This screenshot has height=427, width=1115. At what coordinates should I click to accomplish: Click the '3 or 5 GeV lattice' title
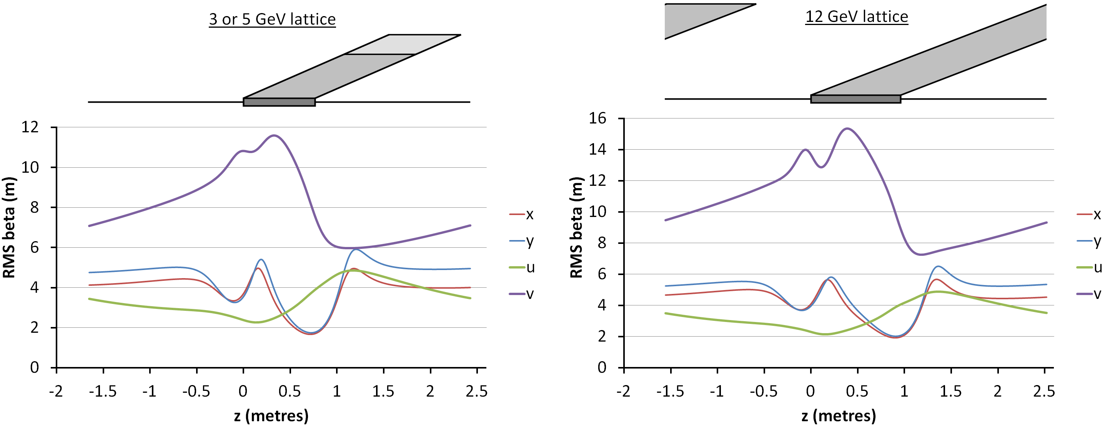pyautogui.click(x=272, y=19)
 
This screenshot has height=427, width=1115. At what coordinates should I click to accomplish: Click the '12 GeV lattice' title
pyautogui.click(x=856, y=17)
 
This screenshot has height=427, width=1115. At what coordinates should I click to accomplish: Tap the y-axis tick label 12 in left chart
pyautogui.click(x=30, y=127)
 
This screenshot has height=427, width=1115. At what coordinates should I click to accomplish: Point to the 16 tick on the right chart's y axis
pyautogui.click(x=597, y=118)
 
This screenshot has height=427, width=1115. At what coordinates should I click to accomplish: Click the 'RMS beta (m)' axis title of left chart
pyautogui.click(x=9, y=227)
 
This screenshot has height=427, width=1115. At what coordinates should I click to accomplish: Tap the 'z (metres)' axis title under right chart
pyautogui.click(x=839, y=416)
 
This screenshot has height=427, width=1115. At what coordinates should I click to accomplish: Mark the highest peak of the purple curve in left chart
pyautogui.click(x=274, y=135)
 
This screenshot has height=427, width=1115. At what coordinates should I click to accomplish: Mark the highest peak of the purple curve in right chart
pyautogui.click(x=847, y=128)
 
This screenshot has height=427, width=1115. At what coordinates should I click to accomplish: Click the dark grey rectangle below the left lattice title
pyautogui.click(x=279, y=102)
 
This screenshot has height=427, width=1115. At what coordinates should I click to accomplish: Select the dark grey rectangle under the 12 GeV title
pyautogui.click(x=855, y=99)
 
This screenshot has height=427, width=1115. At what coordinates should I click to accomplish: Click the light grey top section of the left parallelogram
pyautogui.click(x=403, y=44)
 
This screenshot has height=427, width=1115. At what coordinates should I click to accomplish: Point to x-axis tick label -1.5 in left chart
pyautogui.click(x=103, y=392)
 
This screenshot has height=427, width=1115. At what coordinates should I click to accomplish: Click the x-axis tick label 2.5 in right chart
pyautogui.click(x=1044, y=392)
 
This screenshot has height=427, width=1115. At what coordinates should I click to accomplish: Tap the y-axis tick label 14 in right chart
pyautogui.click(x=597, y=149)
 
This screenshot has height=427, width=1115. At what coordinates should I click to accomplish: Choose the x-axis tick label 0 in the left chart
pyautogui.click(x=243, y=392)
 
